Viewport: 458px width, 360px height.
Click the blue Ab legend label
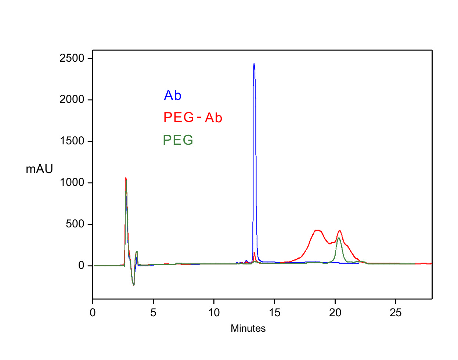coord(172,96)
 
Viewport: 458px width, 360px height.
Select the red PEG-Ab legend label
coord(192,118)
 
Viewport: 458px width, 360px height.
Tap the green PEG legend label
coord(178,140)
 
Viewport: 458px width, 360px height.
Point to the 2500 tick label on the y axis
coord(72,58)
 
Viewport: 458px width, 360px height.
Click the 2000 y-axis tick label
coord(72,100)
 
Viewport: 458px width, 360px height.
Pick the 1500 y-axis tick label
coord(72,141)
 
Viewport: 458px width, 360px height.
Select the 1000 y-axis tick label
coord(72,183)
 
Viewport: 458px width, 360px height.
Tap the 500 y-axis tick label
coord(75,224)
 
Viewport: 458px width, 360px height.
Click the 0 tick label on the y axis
coord(81,266)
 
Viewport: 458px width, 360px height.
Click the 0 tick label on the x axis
coord(93,313)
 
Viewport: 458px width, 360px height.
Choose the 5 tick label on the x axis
coord(153,313)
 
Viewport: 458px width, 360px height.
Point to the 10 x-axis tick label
coord(214,313)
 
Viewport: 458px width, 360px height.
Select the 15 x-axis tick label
coord(274,313)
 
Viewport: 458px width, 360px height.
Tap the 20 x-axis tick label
coord(335,313)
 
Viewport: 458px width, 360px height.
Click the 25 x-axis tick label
coord(396,313)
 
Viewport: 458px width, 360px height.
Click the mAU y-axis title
coord(39,169)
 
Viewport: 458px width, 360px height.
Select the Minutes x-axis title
coord(248,328)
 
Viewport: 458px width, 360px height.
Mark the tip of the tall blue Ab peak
coord(254,64)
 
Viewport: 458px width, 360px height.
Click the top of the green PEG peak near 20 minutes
coord(339,238)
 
